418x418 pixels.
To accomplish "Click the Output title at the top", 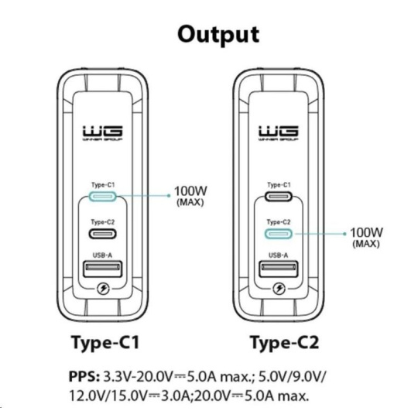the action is (218, 35).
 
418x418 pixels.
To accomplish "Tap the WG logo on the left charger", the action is (102, 133).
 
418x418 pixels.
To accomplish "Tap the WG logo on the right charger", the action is (279, 133).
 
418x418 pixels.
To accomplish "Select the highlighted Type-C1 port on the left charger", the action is (103, 197).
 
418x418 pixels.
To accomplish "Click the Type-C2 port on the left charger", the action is (103, 234).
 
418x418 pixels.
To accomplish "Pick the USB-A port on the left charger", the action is (103, 269).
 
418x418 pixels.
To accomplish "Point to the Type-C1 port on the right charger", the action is (279, 197).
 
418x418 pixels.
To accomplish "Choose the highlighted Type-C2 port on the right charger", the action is (279, 234).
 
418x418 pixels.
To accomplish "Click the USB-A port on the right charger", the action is (279, 269).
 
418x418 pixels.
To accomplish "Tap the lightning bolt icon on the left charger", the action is (103, 289).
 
